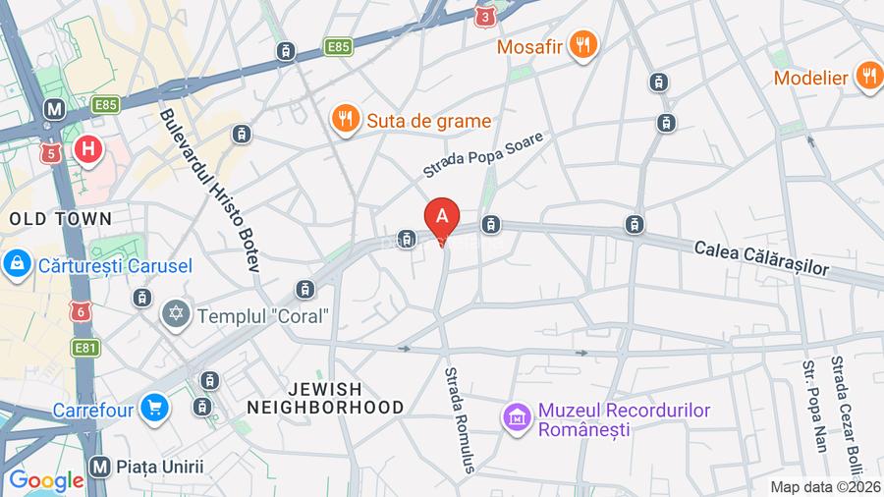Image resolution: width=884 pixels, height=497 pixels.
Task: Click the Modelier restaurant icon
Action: click(868, 76)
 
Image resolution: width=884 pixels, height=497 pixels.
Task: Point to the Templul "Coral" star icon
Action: click(177, 314)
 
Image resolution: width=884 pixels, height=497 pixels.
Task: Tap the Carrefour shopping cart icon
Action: click(152, 407)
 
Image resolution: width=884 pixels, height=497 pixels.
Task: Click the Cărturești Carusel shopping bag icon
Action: click(15, 263)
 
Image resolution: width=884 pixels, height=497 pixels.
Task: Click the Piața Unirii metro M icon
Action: click(97, 466)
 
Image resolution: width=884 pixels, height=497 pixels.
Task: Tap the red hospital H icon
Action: click(88, 150)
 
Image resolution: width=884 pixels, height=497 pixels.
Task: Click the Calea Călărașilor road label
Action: click(762, 256)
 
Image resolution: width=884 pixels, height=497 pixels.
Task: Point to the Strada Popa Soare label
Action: click(482, 154)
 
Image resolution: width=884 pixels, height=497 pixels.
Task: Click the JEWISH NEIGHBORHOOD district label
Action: click(325, 398)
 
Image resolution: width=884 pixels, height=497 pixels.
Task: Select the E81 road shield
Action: click(83, 348)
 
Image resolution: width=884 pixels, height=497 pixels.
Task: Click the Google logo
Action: click(46, 481)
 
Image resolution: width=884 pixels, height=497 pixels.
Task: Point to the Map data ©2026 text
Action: click(825, 487)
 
